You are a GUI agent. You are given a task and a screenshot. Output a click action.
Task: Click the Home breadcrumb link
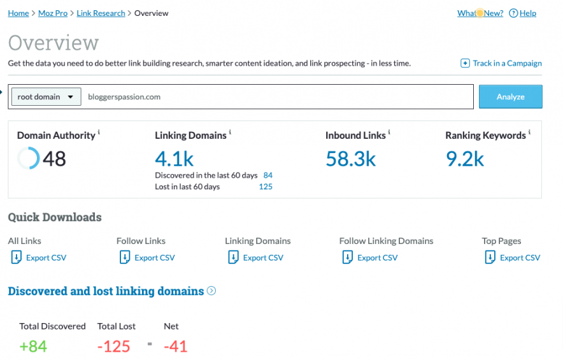pyautogui.click(x=18, y=13)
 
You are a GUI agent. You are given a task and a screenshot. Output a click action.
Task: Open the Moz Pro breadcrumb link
pyautogui.click(x=53, y=13)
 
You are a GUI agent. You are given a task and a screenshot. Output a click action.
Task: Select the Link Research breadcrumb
pyautogui.click(x=101, y=13)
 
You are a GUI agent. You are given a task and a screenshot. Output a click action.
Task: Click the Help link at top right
pyautogui.click(x=527, y=13)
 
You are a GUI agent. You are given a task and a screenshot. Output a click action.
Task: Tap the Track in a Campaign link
pyautogui.click(x=506, y=63)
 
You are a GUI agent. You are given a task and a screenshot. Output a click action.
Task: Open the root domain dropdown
pyautogui.click(x=46, y=97)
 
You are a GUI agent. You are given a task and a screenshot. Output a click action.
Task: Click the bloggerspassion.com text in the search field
pyautogui.click(x=124, y=97)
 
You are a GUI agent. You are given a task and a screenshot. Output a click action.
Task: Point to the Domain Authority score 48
pyautogui.click(x=54, y=158)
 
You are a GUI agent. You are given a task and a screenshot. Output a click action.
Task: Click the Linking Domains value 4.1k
pyautogui.click(x=174, y=158)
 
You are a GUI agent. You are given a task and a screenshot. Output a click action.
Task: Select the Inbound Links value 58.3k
pyautogui.click(x=350, y=158)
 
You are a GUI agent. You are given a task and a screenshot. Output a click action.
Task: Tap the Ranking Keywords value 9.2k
pyautogui.click(x=465, y=158)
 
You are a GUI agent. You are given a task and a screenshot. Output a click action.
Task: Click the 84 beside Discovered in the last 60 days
pyautogui.click(x=267, y=175)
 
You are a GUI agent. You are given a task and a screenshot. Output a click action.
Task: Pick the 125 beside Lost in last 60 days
pyautogui.click(x=266, y=187)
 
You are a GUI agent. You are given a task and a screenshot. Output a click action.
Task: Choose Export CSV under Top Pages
pyautogui.click(x=520, y=257)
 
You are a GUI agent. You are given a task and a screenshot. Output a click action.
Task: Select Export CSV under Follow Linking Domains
pyautogui.click(x=377, y=257)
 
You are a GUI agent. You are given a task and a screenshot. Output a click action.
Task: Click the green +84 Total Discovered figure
pyautogui.click(x=33, y=346)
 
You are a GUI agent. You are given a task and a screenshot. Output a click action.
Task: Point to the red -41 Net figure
pyautogui.click(x=175, y=346)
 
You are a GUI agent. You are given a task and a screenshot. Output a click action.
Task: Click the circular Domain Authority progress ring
pyautogui.click(x=28, y=158)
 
